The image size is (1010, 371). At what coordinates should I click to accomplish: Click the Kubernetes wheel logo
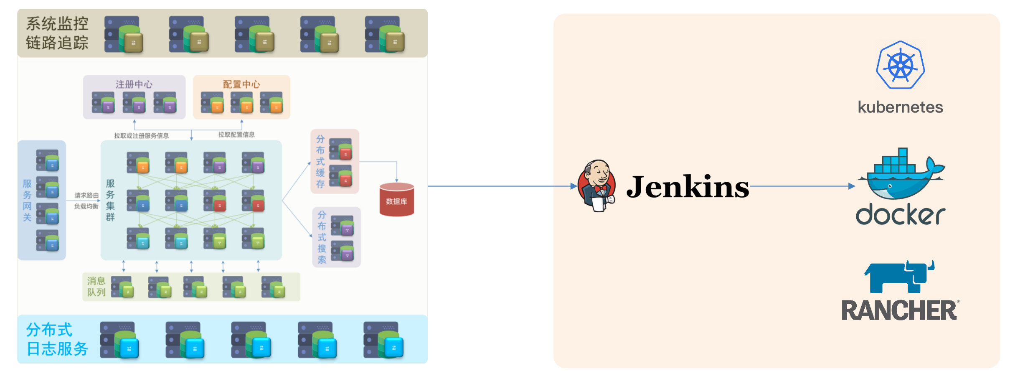click(x=900, y=65)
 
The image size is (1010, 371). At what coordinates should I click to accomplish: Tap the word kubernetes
click(x=900, y=107)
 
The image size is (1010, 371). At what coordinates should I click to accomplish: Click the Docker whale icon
click(x=900, y=173)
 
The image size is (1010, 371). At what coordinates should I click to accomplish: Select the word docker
click(x=900, y=215)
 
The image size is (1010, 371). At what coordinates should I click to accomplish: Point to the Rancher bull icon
click(x=899, y=277)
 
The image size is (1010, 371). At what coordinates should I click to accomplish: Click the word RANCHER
click(x=899, y=310)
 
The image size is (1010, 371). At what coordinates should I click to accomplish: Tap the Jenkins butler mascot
click(x=596, y=186)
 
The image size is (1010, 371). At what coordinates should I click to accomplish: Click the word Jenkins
click(x=688, y=187)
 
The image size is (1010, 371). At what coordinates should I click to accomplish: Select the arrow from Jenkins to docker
click(x=802, y=186)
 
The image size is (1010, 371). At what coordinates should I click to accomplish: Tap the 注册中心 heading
click(x=134, y=84)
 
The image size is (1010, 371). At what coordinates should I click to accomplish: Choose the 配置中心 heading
click(x=241, y=84)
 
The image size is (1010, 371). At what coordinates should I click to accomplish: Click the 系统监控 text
click(x=57, y=24)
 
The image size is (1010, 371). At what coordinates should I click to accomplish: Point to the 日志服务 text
click(x=57, y=349)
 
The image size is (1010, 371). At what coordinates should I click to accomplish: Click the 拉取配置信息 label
click(x=236, y=135)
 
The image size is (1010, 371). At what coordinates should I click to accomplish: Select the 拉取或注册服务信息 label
click(x=142, y=136)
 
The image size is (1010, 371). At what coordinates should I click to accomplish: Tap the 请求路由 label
click(x=86, y=195)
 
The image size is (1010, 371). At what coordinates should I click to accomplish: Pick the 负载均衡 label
click(x=86, y=206)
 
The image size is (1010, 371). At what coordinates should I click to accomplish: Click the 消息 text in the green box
click(x=96, y=281)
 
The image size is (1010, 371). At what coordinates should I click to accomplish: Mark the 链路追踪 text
click(x=57, y=43)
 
